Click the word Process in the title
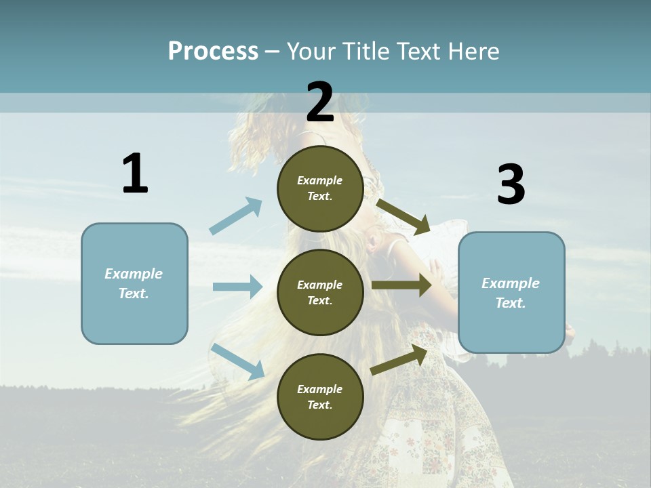[213, 52]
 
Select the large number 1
[135, 174]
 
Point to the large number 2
[320, 102]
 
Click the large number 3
[511, 184]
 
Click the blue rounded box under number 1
[134, 283]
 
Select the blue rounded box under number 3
[511, 293]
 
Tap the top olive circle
[320, 188]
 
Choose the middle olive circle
[320, 292]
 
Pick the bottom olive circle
[320, 396]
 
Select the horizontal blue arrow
[237, 287]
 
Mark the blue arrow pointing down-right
[237, 361]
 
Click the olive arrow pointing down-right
[403, 216]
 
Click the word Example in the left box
[134, 274]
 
